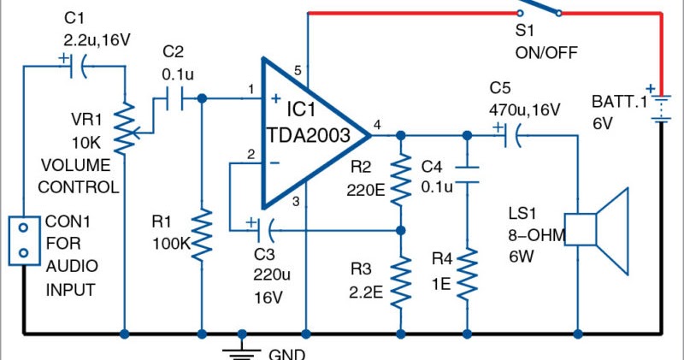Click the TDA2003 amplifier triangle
pos(308,134)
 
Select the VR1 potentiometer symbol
pos(126,128)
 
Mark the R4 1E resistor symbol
pos(467,273)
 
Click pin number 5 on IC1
pos(298,70)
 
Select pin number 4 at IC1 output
pos(377,125)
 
